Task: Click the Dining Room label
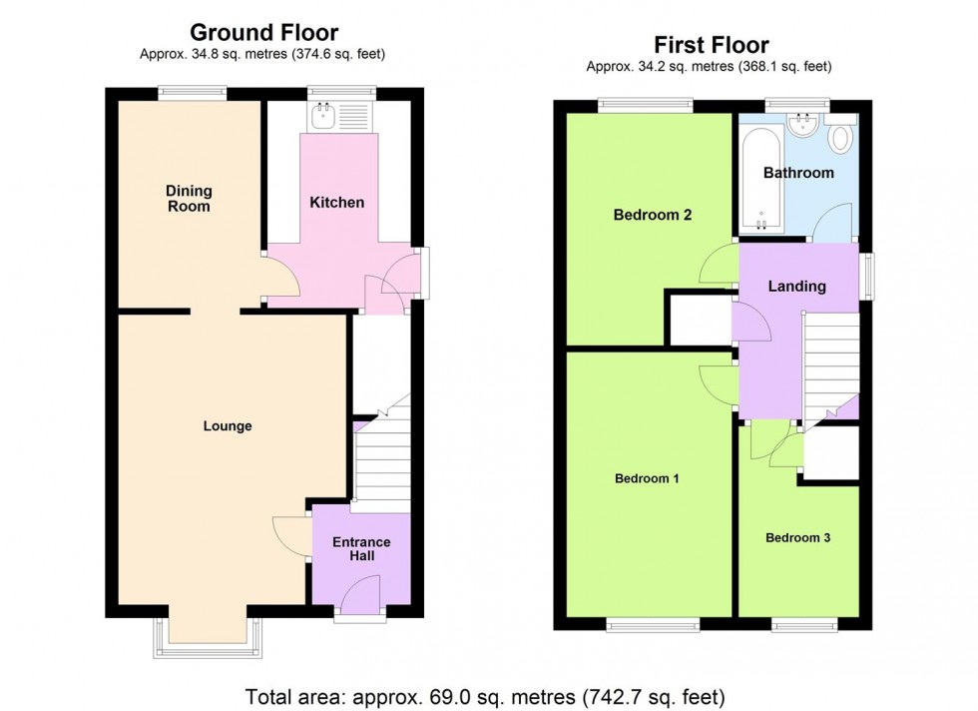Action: pyautogui.click(x=189, y=199)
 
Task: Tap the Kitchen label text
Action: pyautogui.click(x=336, y=203)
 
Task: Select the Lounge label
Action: pyautogui.click(x=228, y=426)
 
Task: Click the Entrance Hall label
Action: pyautogui.click(x=361, y=549)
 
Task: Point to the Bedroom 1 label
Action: pyautogui.click(x=647, y=478)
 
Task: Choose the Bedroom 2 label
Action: pyautogui.click(x=653, y=215)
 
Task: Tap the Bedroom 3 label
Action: pyautogui.click(x=798, y=538)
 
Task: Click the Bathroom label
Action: pyautogui.click(x=798, y=173)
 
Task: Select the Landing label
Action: pyautogui.click(x=796, y=287)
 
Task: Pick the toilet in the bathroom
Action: pyautogui.click(x=841, y=138)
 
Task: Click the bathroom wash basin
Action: pyautogui.click(x=801, y=124)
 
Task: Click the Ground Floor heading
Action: pyautogui.click(x=263, y=35)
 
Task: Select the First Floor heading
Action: pyautogui.click(x=712, y=45)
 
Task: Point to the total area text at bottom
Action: pyautogui.click(x=491, y=694)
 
